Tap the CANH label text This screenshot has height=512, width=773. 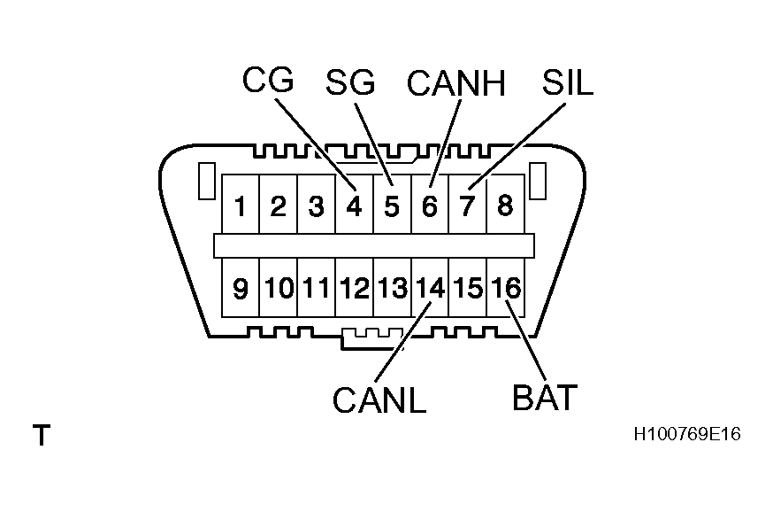455,84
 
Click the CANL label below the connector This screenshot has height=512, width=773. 379,400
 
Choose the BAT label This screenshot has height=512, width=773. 545,397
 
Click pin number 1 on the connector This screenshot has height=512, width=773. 240,207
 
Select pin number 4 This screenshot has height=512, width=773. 354,207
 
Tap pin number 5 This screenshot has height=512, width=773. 392,207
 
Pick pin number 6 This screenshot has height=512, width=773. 430,207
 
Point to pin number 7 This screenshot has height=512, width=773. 468,207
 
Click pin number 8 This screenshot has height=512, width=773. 505,207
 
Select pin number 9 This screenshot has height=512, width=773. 240,288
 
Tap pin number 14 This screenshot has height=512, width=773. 430,288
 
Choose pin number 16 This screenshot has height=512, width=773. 506,288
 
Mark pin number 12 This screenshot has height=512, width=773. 354,288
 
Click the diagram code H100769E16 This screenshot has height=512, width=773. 686,435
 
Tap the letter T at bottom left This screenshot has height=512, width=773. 41,436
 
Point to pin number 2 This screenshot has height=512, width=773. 278,207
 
